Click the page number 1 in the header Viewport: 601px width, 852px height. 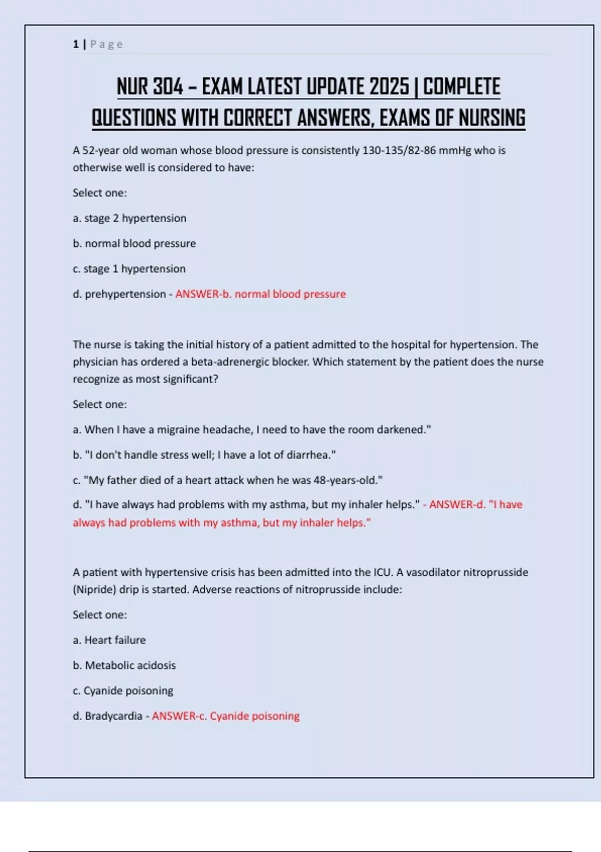click(76, 44)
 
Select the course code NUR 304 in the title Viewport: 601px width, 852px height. click(150, 87)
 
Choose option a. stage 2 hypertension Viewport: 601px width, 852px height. click(129, 218)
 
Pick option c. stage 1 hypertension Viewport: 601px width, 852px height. click(129, 269)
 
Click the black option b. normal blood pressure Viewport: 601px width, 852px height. click(134, 244)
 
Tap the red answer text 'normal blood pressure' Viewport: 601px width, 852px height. click(290, 294)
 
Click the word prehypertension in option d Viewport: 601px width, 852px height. click(125, 294)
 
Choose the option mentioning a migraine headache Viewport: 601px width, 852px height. click(252, 430)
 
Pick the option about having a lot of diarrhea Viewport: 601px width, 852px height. click(204, 455)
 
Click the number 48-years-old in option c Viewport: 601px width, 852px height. click(348, 480)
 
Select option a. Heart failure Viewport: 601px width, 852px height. click(109, 640)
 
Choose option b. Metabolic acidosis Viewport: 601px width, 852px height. click(124, 666)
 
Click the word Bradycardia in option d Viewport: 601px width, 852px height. click(114, 716)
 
